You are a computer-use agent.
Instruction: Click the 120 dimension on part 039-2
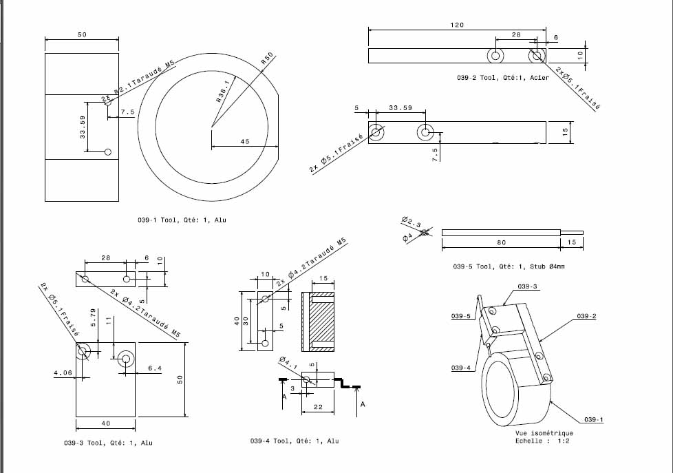coord(457,25)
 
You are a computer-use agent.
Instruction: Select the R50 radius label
coord(267,59)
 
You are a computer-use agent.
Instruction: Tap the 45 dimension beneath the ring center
coord(244,142)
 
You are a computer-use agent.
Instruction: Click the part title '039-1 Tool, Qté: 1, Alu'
coord(182,220)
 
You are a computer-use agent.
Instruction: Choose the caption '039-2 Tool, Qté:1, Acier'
coord(502,78)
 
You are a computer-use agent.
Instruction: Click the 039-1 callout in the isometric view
coord(594,419)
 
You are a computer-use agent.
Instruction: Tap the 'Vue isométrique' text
coord(543,434)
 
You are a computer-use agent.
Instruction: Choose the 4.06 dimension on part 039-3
coord(63,373)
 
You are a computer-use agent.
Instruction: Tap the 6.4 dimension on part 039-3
coord(154,369)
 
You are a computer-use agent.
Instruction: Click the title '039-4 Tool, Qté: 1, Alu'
coord(295,441)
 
